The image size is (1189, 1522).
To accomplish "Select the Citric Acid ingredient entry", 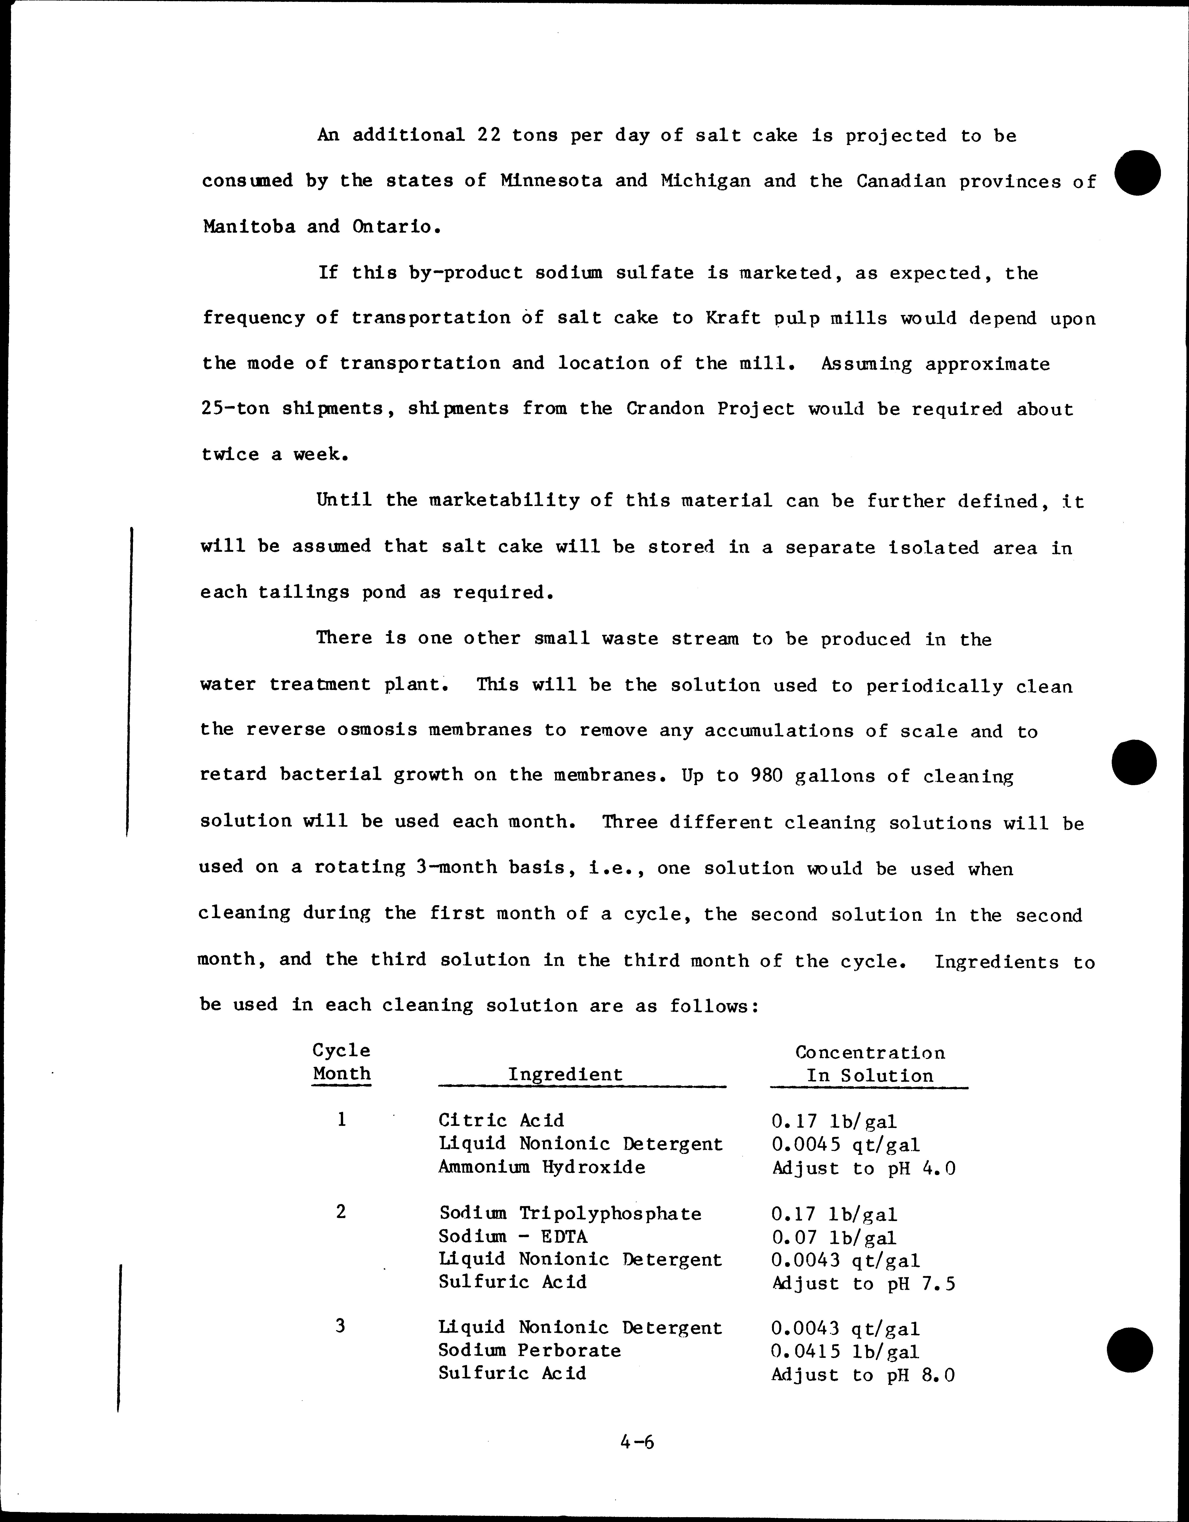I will pos(501,1121).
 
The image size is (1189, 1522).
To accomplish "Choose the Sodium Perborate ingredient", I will pos(529,1350).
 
